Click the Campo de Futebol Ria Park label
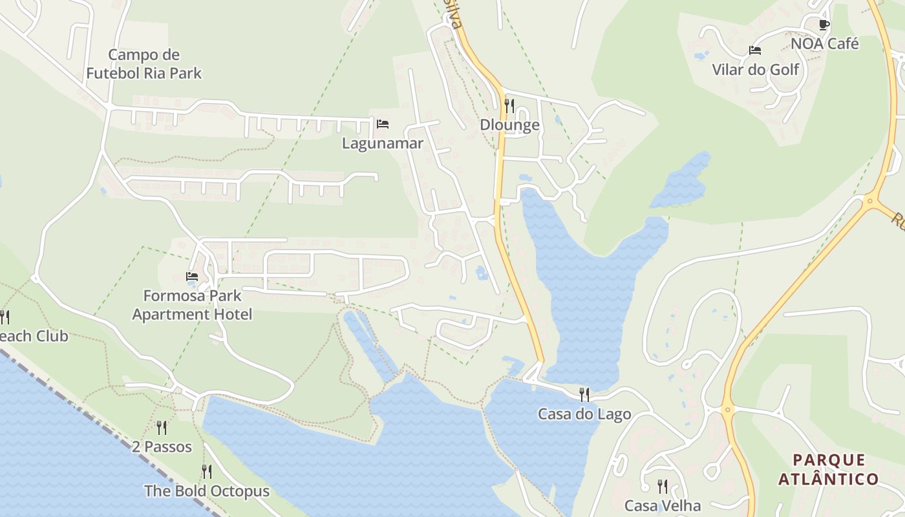144,64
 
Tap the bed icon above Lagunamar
383,123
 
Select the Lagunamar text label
383,143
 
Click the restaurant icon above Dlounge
509,105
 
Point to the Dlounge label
509,125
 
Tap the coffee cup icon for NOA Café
824,25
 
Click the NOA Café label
825,44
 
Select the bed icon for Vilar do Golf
754,50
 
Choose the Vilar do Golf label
756,69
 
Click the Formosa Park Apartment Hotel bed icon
192,277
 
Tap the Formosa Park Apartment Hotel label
192,305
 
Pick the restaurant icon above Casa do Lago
584,394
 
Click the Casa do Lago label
584,414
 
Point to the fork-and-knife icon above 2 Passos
162,427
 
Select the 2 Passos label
162,447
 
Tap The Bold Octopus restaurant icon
206,471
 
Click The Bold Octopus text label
206,491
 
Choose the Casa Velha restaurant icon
663,486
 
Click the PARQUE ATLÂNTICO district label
829,470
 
